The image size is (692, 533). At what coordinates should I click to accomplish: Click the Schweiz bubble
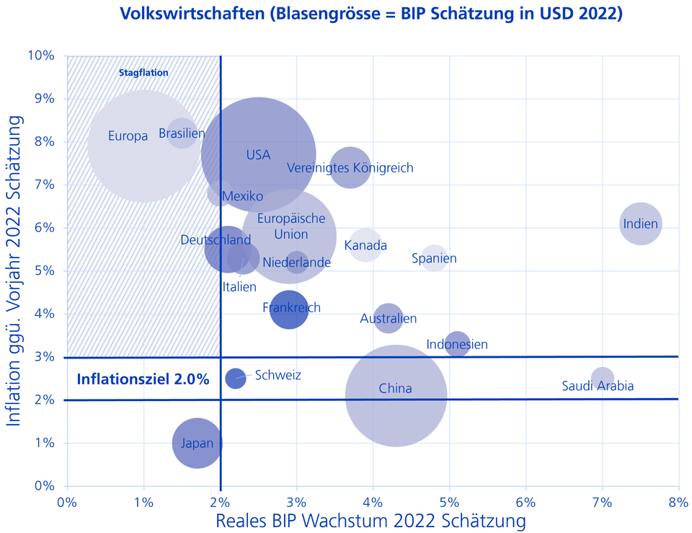tap(236, 378)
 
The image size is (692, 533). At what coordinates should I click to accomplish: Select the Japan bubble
tap(198, 443)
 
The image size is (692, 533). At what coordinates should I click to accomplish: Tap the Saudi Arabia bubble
tap(603, 378)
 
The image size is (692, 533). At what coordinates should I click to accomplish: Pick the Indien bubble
tap(640, 224)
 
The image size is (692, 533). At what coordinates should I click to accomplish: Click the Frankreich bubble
tap(289, 309)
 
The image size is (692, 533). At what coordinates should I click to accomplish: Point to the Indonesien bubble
tap(457, 344)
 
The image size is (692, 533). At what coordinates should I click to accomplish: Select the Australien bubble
tap(388, 317)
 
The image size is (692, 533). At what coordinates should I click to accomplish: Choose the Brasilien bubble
tap(182, 133)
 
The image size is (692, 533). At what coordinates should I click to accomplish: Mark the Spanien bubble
tap(434, 257)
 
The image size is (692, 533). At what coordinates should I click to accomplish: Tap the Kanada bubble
tap(365, 246)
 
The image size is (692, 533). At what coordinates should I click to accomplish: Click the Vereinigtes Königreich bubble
tap(350, 167)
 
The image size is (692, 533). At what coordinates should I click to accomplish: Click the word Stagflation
tap(143, 72)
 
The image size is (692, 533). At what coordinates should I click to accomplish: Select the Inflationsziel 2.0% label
tap(143, 379)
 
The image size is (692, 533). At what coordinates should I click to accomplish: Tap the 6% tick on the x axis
tap(525, 501)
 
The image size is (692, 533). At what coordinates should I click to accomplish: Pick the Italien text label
tap(239, 287)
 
